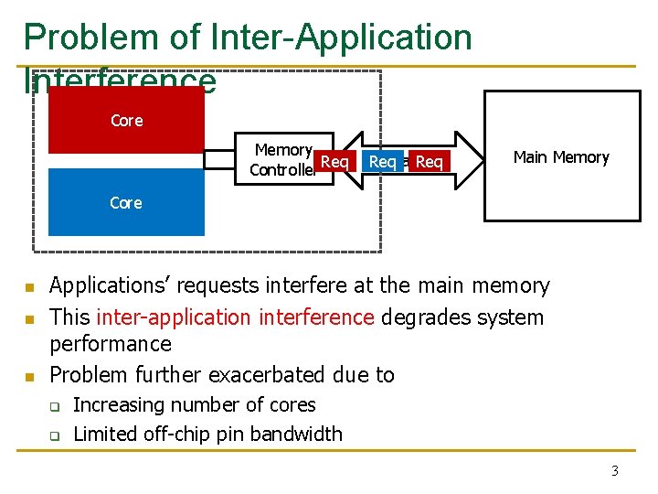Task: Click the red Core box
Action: (126, 120)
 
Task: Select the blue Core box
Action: (126, 202)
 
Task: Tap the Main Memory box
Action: (560, 156)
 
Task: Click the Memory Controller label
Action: (283, 160)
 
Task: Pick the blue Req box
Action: (382, 162)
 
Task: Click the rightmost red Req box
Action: (429, 162)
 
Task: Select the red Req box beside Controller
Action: (334, 162)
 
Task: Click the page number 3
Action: (614, 471)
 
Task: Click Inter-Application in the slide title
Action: (341, 38)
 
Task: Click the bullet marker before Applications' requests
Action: (29, 288)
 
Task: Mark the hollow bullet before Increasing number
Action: (55, 406)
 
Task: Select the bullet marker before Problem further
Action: (29, 376)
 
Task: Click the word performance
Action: (110, 344)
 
